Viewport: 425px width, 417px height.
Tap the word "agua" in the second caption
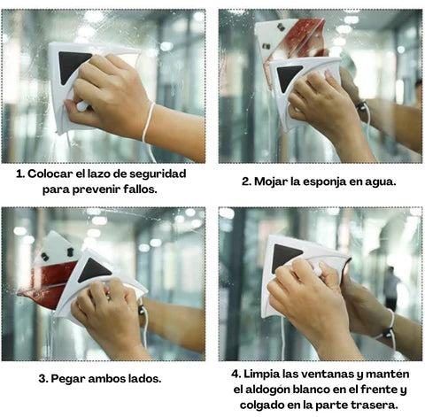pyautogui.click(x=390, y=181)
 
